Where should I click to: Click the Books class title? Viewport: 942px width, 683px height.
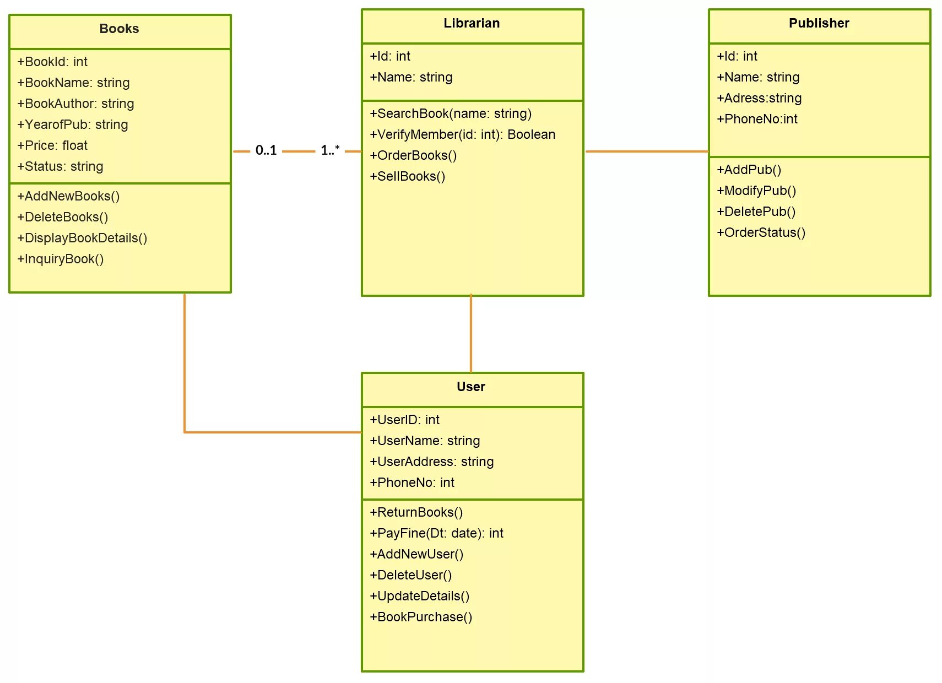pyautogui.click(x=119, y=29)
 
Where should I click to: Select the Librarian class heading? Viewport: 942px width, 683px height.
pyautogui.click(x=472, y=23)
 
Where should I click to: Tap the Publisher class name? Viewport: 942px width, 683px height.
pyautogui.click(x=819, y=23)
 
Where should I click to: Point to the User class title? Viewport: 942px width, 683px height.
pyautogui.click(x=471, y=387)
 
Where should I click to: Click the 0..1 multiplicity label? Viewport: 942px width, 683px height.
pyautogui.click(x=266, y=150)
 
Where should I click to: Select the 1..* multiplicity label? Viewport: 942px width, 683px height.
pyautogui.click(x=330, y=150)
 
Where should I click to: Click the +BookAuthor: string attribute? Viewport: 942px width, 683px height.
pyautogui.click(x=75, y=104)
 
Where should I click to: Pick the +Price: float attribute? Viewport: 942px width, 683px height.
pyautogui.click(x=52, y=145)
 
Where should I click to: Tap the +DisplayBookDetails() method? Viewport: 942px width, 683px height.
pyautogui.click(x=83, y=238)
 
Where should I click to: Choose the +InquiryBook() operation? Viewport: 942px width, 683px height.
pyautogui.click(x=61, y=259)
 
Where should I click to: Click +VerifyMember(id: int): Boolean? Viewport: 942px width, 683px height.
pyautogui.click(x=463, y=134)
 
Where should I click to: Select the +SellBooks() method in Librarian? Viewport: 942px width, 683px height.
pyautogui.click(x=408, y=176)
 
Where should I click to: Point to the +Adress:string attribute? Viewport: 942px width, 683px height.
pyautogui.click(x=759, y=98)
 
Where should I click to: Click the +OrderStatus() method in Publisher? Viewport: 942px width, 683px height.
pyautogui.click(x=761, y=232)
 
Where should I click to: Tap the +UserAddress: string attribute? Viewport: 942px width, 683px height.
pyautogui.click(x=432, y=462)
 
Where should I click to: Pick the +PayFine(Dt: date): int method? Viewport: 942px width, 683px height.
pyautogui.click(x=436, y=533)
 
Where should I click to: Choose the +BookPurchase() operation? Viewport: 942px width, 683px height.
pyautogui.click(x=421, y=617)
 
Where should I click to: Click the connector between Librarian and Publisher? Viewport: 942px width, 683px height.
pyautogui.click(x=647, y=151)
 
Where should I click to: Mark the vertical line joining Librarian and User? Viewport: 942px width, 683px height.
pyautogui.click(x=471, y=333)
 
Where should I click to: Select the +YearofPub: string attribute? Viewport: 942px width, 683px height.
pyautogui.click(x=73, y=124)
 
